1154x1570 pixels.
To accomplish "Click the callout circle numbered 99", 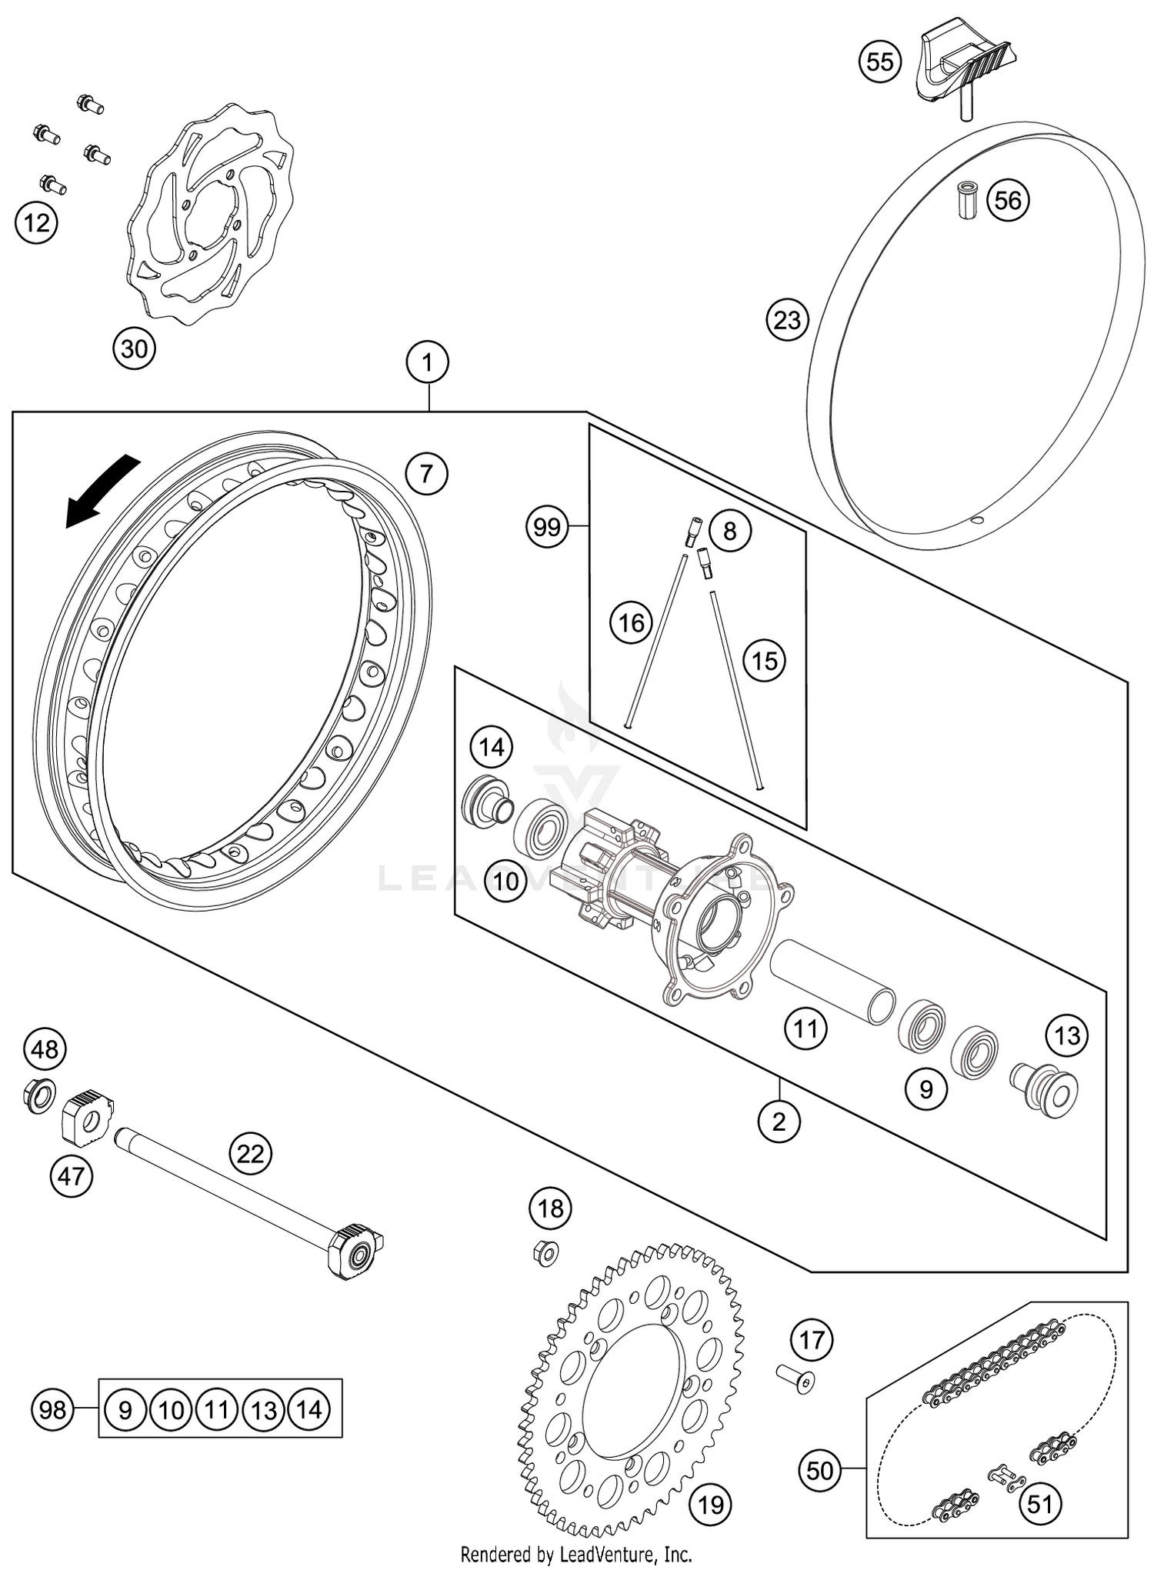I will (x=548, y=527).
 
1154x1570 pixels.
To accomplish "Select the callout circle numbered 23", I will (x=787, y=319).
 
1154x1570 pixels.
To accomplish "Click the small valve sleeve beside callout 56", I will (x=966, y=201).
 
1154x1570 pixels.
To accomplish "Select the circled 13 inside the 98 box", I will (x=264, y=1410).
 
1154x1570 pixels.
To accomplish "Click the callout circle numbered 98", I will (x=52, y=1410).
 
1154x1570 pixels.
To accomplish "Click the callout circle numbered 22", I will (x=251, y=1153).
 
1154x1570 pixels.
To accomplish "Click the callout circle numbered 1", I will (x=428, y=362).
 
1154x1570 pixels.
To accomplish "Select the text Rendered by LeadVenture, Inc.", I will (x=575, y=1555).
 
